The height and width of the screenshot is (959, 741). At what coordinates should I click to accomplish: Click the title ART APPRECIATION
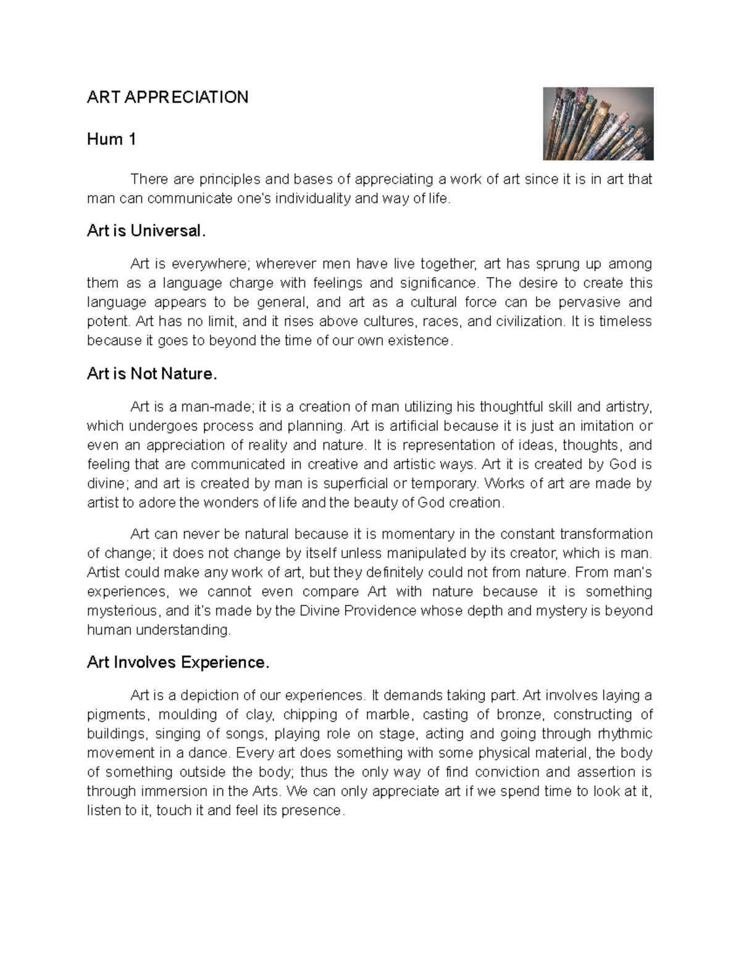[x=167, y=97]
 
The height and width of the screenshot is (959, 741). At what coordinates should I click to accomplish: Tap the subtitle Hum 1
[x=111, y=140]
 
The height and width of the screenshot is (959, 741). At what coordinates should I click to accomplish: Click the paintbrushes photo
[x=597, y=124]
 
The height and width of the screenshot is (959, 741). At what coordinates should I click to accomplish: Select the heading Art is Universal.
[x=145, y=231]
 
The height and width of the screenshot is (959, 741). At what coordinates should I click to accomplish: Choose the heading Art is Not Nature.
[x=152, y=374]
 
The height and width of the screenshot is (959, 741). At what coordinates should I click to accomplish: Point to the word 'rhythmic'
[x=625, y=734]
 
